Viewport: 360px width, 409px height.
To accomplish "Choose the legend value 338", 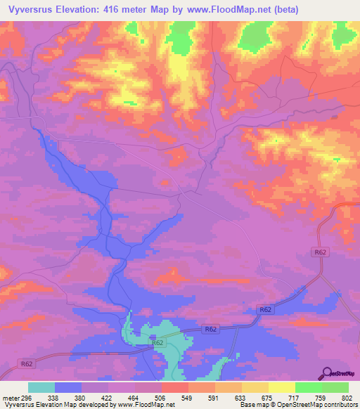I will point(54,397).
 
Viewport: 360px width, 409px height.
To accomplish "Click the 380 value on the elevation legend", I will point(82,397).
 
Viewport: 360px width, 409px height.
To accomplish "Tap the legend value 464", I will point(135,397).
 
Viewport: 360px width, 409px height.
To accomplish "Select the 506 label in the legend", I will point(161,397).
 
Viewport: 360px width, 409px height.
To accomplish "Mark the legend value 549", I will point(188,397).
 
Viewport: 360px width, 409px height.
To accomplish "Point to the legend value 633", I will point(241,397).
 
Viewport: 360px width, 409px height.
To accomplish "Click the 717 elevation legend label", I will point(295,397).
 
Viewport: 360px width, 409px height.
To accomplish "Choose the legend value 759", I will point(321,397).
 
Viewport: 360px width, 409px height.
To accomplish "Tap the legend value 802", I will point(347,397).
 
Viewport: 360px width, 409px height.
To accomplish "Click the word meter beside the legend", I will point(10,397).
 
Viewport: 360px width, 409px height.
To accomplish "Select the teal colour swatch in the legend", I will point(41,387).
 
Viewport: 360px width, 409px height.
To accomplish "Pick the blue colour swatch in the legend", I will point(68,387).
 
